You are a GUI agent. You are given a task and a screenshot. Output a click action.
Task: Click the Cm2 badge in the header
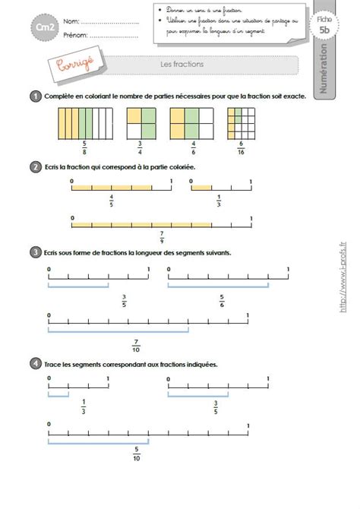tap(46, 27)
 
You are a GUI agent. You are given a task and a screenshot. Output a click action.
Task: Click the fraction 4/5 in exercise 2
tap(112, 201)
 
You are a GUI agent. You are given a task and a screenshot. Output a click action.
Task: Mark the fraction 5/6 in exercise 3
tap(222, 301)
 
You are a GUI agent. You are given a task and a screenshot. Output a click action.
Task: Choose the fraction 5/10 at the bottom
tap(136, 454)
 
